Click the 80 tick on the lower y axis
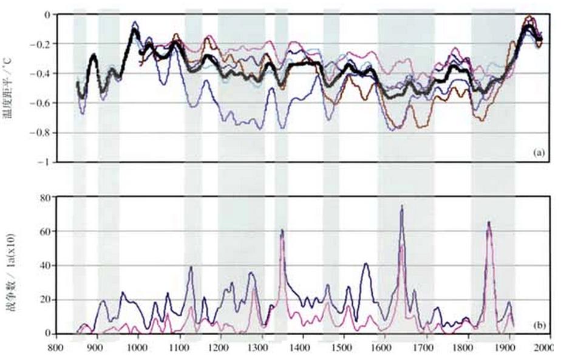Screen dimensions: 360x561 pos(44,197)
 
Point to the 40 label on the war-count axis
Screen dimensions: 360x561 pos(44,265)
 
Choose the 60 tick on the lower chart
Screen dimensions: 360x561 pos(44,231)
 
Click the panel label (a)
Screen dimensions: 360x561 pos(537,153)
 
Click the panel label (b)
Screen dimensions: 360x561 pos(537,325)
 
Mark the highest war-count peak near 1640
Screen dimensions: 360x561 pos(401,206)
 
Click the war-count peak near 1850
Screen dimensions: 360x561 pos(489,222)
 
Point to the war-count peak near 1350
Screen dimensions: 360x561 pos(282,230)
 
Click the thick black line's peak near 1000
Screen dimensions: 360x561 pos(134,29)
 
